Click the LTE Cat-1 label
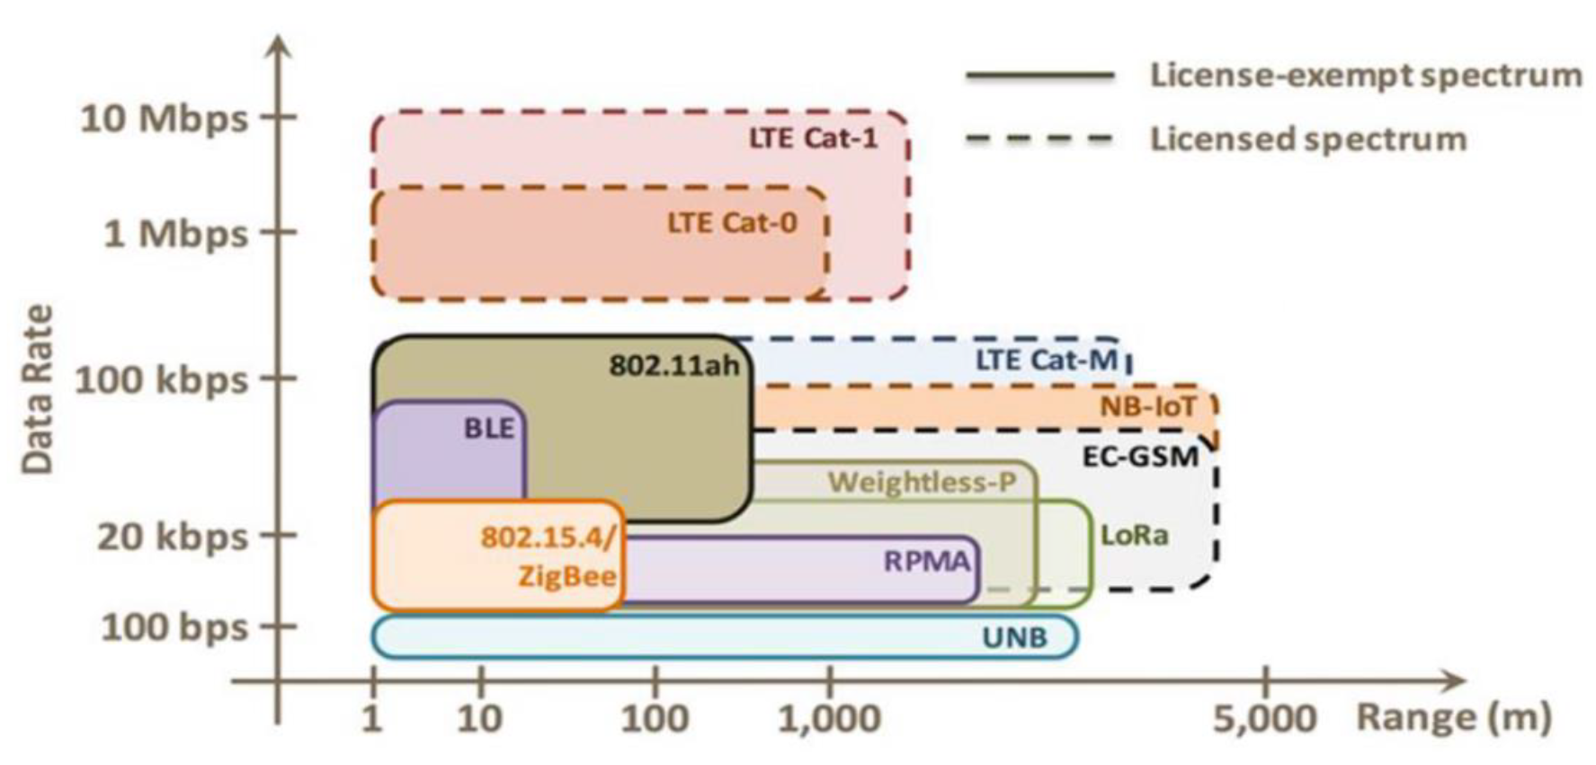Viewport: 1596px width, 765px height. tap(813, 138)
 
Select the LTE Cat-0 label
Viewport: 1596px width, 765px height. tap(732, 222)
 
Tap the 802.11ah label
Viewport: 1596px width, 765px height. tap(674, 365)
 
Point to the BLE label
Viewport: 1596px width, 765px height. tap(489, 428)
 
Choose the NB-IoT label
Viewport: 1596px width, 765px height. tap(1148, 407)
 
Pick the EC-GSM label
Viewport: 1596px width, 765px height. tap(1139, 456)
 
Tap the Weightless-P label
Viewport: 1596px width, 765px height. tap(922, 483)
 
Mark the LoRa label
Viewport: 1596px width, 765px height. tap(1135, 536)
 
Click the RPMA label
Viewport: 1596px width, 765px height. tap(927, 561)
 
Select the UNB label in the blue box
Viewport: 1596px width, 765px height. tap(1014, 637)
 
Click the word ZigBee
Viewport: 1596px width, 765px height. tap(567, 575)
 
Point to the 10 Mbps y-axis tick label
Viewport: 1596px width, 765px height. tap(164, 118)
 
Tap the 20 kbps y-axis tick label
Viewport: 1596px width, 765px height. tap(172, 537)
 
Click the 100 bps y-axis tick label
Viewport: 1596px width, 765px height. tap(174, 627)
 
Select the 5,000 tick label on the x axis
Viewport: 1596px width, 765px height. tap(1264, 719)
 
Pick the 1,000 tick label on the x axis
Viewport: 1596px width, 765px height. tap(828, 719)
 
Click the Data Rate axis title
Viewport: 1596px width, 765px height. tap(38, 388)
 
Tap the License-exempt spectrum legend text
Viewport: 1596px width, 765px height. tap(1366, 75)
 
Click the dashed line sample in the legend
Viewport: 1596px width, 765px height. tap(1039, 139)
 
